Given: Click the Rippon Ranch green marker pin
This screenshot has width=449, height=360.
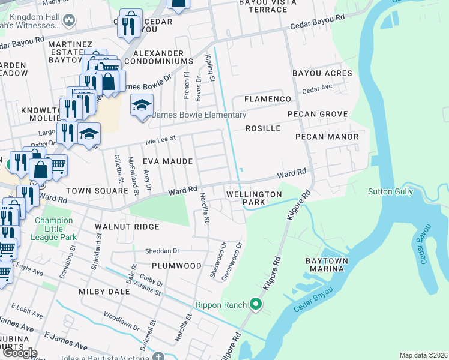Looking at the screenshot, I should click(256, 305).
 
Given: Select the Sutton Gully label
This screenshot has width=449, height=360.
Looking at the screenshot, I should click(390, 191).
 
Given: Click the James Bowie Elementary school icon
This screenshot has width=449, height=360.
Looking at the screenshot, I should click(142, 106).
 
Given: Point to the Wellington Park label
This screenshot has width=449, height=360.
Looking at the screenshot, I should click(253, 199).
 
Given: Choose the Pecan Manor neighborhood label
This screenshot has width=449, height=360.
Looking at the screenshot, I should click(327, 137).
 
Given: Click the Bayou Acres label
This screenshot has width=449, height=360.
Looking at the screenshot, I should click(322, 73).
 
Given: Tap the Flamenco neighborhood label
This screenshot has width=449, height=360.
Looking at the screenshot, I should click(267, 99).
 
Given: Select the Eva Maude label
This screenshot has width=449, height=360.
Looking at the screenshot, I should click(167, 161).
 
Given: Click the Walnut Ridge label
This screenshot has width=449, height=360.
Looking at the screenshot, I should click(127, 227).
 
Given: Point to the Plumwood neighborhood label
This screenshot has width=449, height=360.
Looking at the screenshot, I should click(176, 265).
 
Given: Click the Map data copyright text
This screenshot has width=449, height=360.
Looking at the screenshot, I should click(423, 355).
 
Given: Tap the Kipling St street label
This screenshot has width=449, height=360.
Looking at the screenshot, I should click(210, 67).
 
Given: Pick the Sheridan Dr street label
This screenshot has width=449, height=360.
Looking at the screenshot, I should click(162, 251).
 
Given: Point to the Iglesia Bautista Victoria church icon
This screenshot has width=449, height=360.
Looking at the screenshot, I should click(158, 357).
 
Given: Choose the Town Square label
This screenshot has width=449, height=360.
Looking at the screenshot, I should click(97, 190).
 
